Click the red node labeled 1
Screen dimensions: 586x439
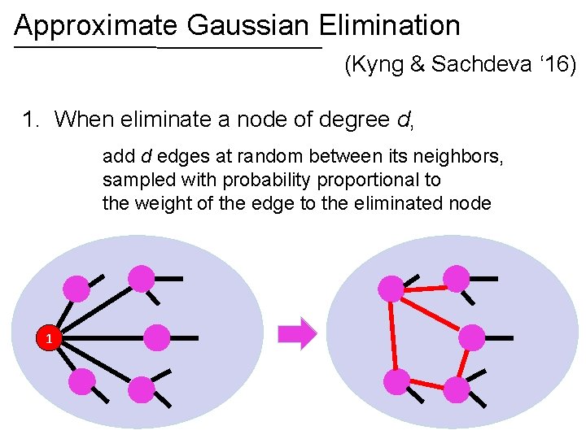coord(49,338)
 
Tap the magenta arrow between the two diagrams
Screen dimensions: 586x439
coord(299,333)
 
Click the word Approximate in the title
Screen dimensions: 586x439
coord(96,26)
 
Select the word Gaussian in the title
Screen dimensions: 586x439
coord(248,26)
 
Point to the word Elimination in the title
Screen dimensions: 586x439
coord(390,26)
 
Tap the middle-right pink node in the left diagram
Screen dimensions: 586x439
coord(157,337)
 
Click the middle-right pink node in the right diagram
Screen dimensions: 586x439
coord(472,337)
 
